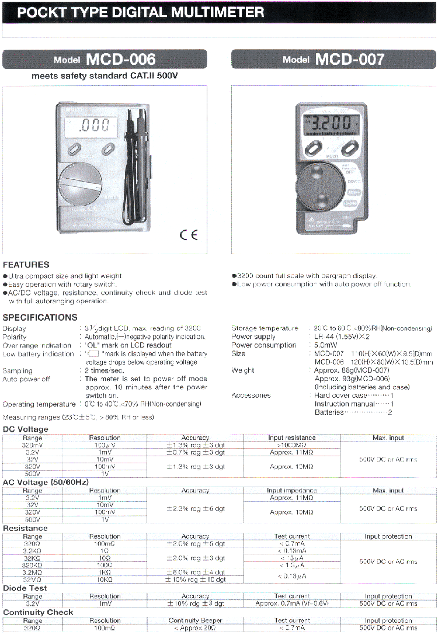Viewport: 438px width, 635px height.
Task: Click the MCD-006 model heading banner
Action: click(x=105, y=59)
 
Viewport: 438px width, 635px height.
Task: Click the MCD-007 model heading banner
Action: click(x=333, y=59)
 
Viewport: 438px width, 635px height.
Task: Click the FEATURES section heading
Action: click(x=26, y=265)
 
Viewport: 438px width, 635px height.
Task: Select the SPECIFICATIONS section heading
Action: click(x=40, y=317)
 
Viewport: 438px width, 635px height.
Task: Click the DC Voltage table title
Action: click(x=26, y=429)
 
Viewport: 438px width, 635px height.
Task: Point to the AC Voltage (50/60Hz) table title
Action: click(x=46, y=483)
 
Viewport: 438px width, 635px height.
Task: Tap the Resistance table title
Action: click(x=25, y=528)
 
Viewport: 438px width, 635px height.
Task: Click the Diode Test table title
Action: click(x=25, y=588)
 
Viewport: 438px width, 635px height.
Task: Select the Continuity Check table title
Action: click(x=38, y=612)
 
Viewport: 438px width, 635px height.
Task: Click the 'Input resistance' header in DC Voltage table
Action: click(x=291, y=438)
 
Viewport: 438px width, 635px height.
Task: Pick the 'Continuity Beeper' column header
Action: click(x=195, y=620)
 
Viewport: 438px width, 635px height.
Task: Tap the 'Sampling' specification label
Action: click(x=18, y=370)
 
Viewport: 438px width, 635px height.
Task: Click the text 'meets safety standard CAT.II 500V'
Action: click(x=104, y=76)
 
